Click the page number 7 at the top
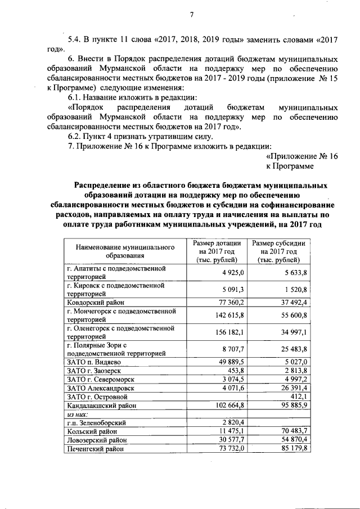click(x=191, y=15)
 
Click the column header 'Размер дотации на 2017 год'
click(x=217, y=251)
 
